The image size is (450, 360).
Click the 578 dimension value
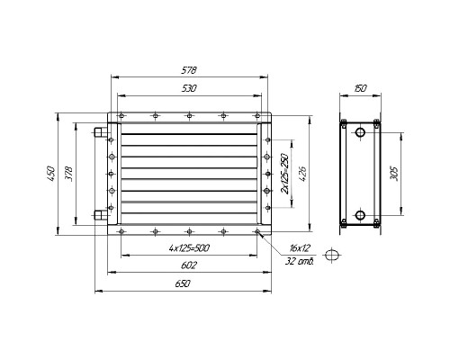(189, 70)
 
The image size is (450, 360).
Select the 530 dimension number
(189, 88)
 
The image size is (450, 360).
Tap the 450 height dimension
(50, 173)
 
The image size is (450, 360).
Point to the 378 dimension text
(68, 173)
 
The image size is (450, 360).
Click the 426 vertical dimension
(302, 174)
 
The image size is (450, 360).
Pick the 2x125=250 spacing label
(284, 174)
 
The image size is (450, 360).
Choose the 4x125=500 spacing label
(189, 248)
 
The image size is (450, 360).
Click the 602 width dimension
(189, 265)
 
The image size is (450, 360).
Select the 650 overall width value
(183, 283)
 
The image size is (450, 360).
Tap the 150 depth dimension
(360, 88)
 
